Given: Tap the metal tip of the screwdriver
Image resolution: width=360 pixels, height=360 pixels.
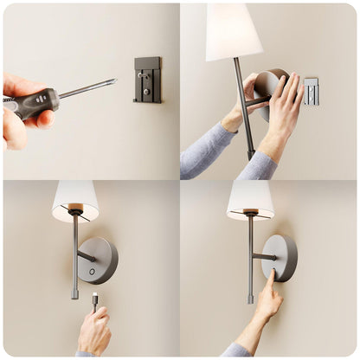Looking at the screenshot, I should (x=111, y=82).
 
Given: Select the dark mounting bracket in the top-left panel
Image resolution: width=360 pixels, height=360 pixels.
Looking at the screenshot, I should (x=147, y=80).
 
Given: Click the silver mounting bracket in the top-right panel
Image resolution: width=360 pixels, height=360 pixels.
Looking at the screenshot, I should (x=311, y=91).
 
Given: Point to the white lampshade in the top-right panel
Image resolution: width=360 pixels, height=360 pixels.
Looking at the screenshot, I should (x=233, y=31).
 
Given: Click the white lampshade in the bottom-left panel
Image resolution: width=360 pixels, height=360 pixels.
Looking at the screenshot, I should (x=75, y=198).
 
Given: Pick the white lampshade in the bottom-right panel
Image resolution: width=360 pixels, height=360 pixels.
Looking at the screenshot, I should (x=250, y=198).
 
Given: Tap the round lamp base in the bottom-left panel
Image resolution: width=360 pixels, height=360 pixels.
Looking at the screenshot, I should (x=99, y=260).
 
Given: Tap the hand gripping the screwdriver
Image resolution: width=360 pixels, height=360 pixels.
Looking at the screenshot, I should (x=16, y=121).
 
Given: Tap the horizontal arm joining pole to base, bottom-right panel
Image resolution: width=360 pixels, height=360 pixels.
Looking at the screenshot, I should (x=263, y=256).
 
